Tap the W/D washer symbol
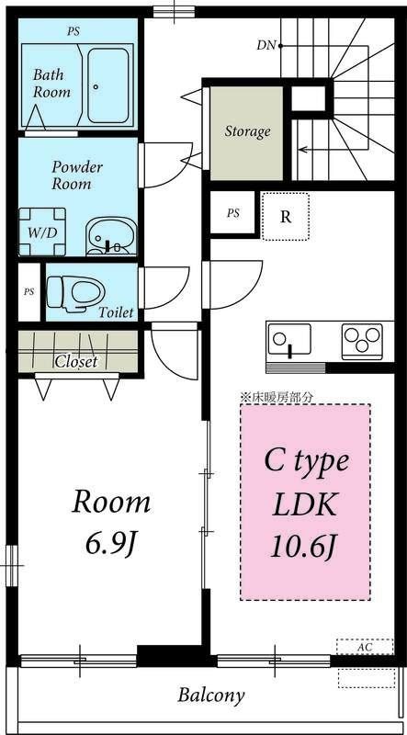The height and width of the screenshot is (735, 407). [x=41, y=232]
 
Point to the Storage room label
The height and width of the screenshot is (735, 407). [x=247, y=131]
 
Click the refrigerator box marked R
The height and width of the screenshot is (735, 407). [x=286, y=217]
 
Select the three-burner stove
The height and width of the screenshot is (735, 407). [x=362, y=342]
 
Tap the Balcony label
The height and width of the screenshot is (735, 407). [x=211, y=695]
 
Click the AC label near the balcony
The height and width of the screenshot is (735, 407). [x=365, y=647]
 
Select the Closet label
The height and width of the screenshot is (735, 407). [x=76, y=362]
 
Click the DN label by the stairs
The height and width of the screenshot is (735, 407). [x=267, y=44]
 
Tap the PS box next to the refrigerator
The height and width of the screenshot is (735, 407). [x=233, y=213]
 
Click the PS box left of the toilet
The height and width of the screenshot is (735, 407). [x=28, y=292]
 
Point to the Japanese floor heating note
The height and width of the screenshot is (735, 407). [x=277, y=397]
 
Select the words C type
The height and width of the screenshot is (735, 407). [x=307, y=460]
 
